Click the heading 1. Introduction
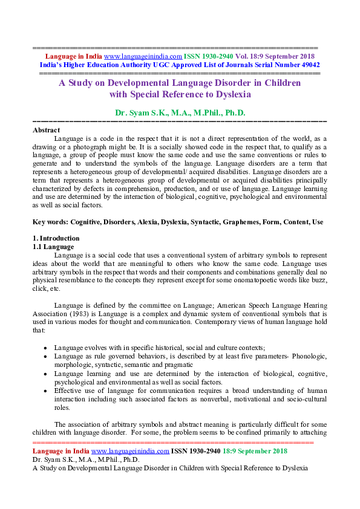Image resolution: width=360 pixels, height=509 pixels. click(56, 238)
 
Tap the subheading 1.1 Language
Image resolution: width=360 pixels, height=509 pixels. click(53, 247)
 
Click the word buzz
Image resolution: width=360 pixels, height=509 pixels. click(319, 280)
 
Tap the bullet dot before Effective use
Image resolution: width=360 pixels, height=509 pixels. click(47, 391)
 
